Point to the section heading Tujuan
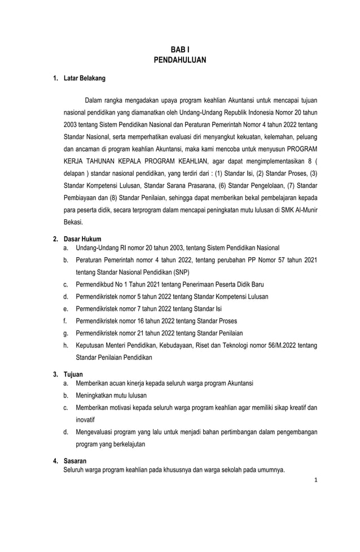pos(73,374)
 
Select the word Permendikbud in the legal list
pos(94,284)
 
